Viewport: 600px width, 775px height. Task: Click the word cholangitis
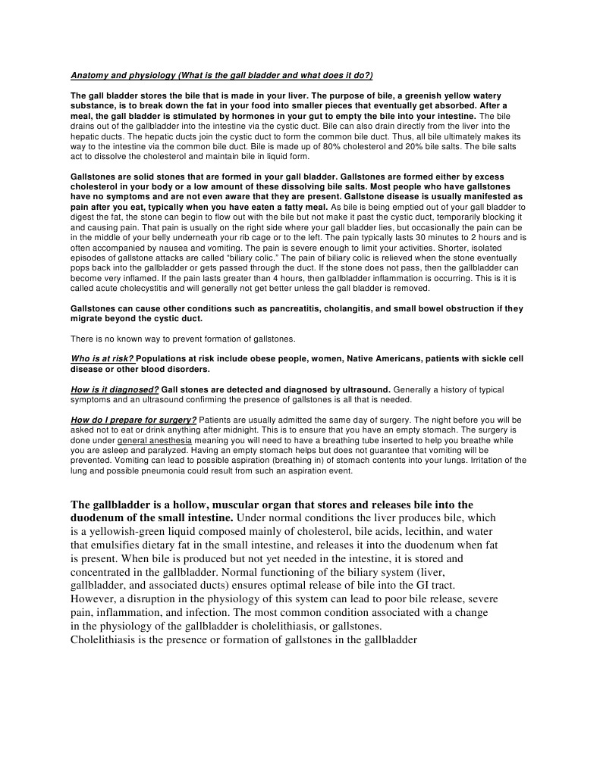tap(343, 309)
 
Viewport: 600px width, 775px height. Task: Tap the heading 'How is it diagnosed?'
tap(115, 389)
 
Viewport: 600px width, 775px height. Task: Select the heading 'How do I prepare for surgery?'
tap(134, 420)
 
